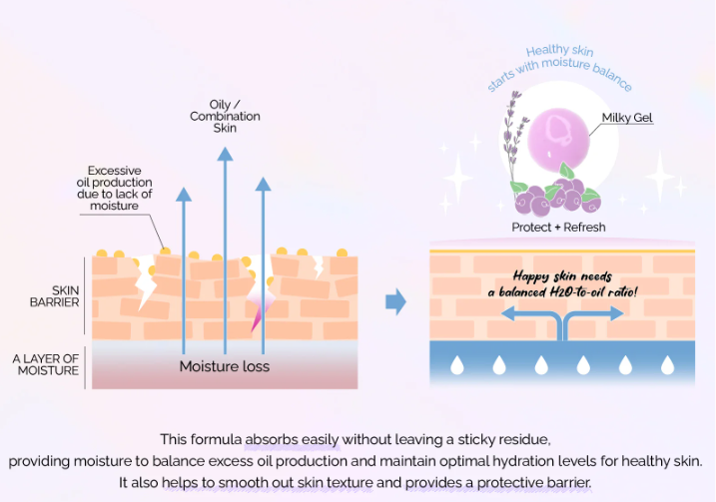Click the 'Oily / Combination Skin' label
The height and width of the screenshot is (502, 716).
(x=225, y=116)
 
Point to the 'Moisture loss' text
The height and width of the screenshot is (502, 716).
(x=225, y=366)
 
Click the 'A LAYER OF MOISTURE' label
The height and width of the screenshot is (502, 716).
(x=45, y=364)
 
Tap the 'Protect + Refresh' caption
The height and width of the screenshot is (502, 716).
(x=558, y=227)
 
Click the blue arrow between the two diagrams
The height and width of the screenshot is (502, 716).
(x=396, y=301)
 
